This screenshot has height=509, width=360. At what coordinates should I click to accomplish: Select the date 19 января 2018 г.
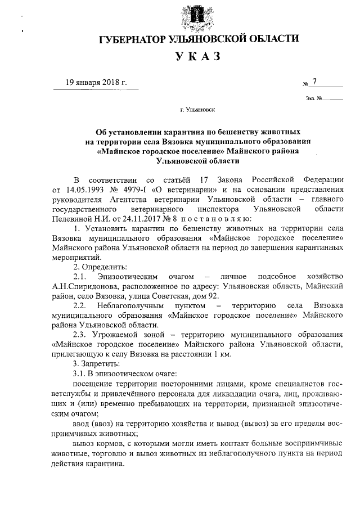96,82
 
